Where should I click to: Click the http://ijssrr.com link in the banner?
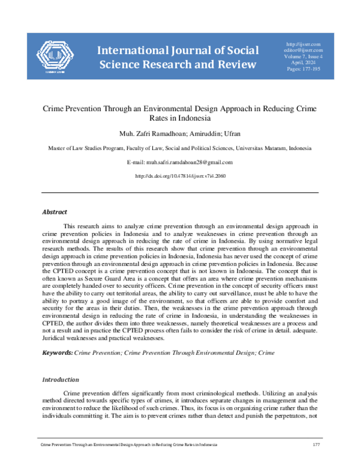[304, 44]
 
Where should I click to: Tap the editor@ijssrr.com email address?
[304, 50]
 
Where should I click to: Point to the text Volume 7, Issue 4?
[304, 57]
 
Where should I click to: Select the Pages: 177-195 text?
[304, 70]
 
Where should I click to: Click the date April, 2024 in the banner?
[304, 64]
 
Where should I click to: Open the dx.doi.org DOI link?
[181, 176]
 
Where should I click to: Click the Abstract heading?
[54, 212]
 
